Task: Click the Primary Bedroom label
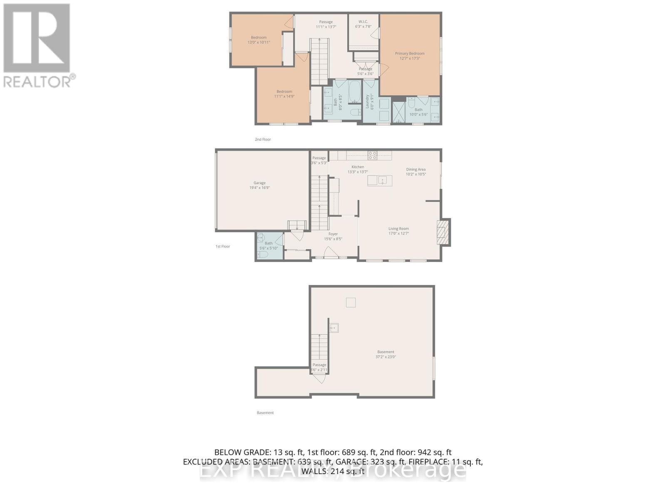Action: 410,53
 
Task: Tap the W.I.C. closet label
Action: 363,22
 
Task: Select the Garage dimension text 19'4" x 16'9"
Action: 259,188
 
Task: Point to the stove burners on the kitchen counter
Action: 372,156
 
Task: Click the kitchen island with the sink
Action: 380,180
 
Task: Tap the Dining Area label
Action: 416,169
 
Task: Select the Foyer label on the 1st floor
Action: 333,234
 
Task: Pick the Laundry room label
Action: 368,101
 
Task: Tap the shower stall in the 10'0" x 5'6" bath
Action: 399,111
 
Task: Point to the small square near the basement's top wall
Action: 351,303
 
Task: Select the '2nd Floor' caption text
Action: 263,139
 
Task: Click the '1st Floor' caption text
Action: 223,247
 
